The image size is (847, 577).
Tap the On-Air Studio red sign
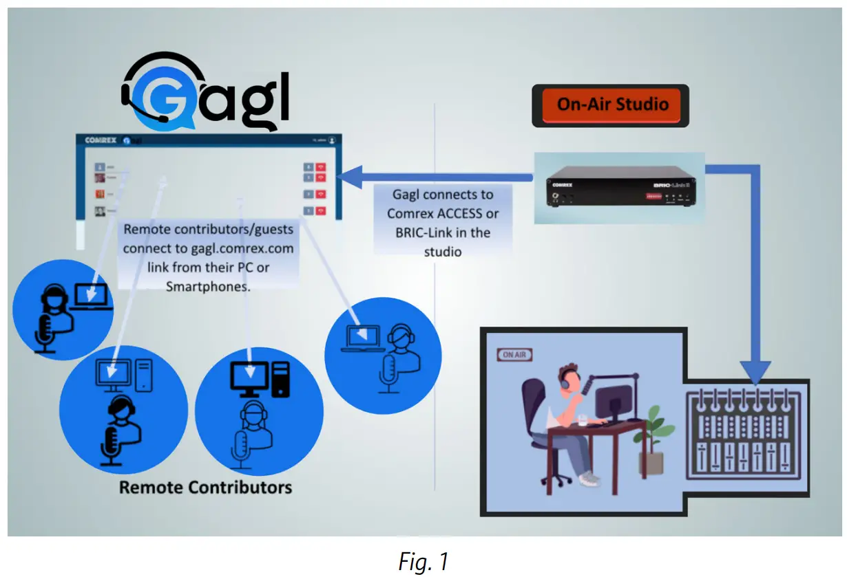click(x=611, y=105)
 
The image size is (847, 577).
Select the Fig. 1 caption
click(x=423, y=561)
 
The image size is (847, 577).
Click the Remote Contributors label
click(x=205, y=488)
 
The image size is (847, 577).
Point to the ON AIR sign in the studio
click(x=514, y=355)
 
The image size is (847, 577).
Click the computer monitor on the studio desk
click(x=613, y=403)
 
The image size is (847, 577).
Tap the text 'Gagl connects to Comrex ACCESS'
click(x=443, y=204)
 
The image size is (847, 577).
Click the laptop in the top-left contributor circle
click(x=93, y=296)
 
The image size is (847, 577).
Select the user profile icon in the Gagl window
click(x=332, y=140)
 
